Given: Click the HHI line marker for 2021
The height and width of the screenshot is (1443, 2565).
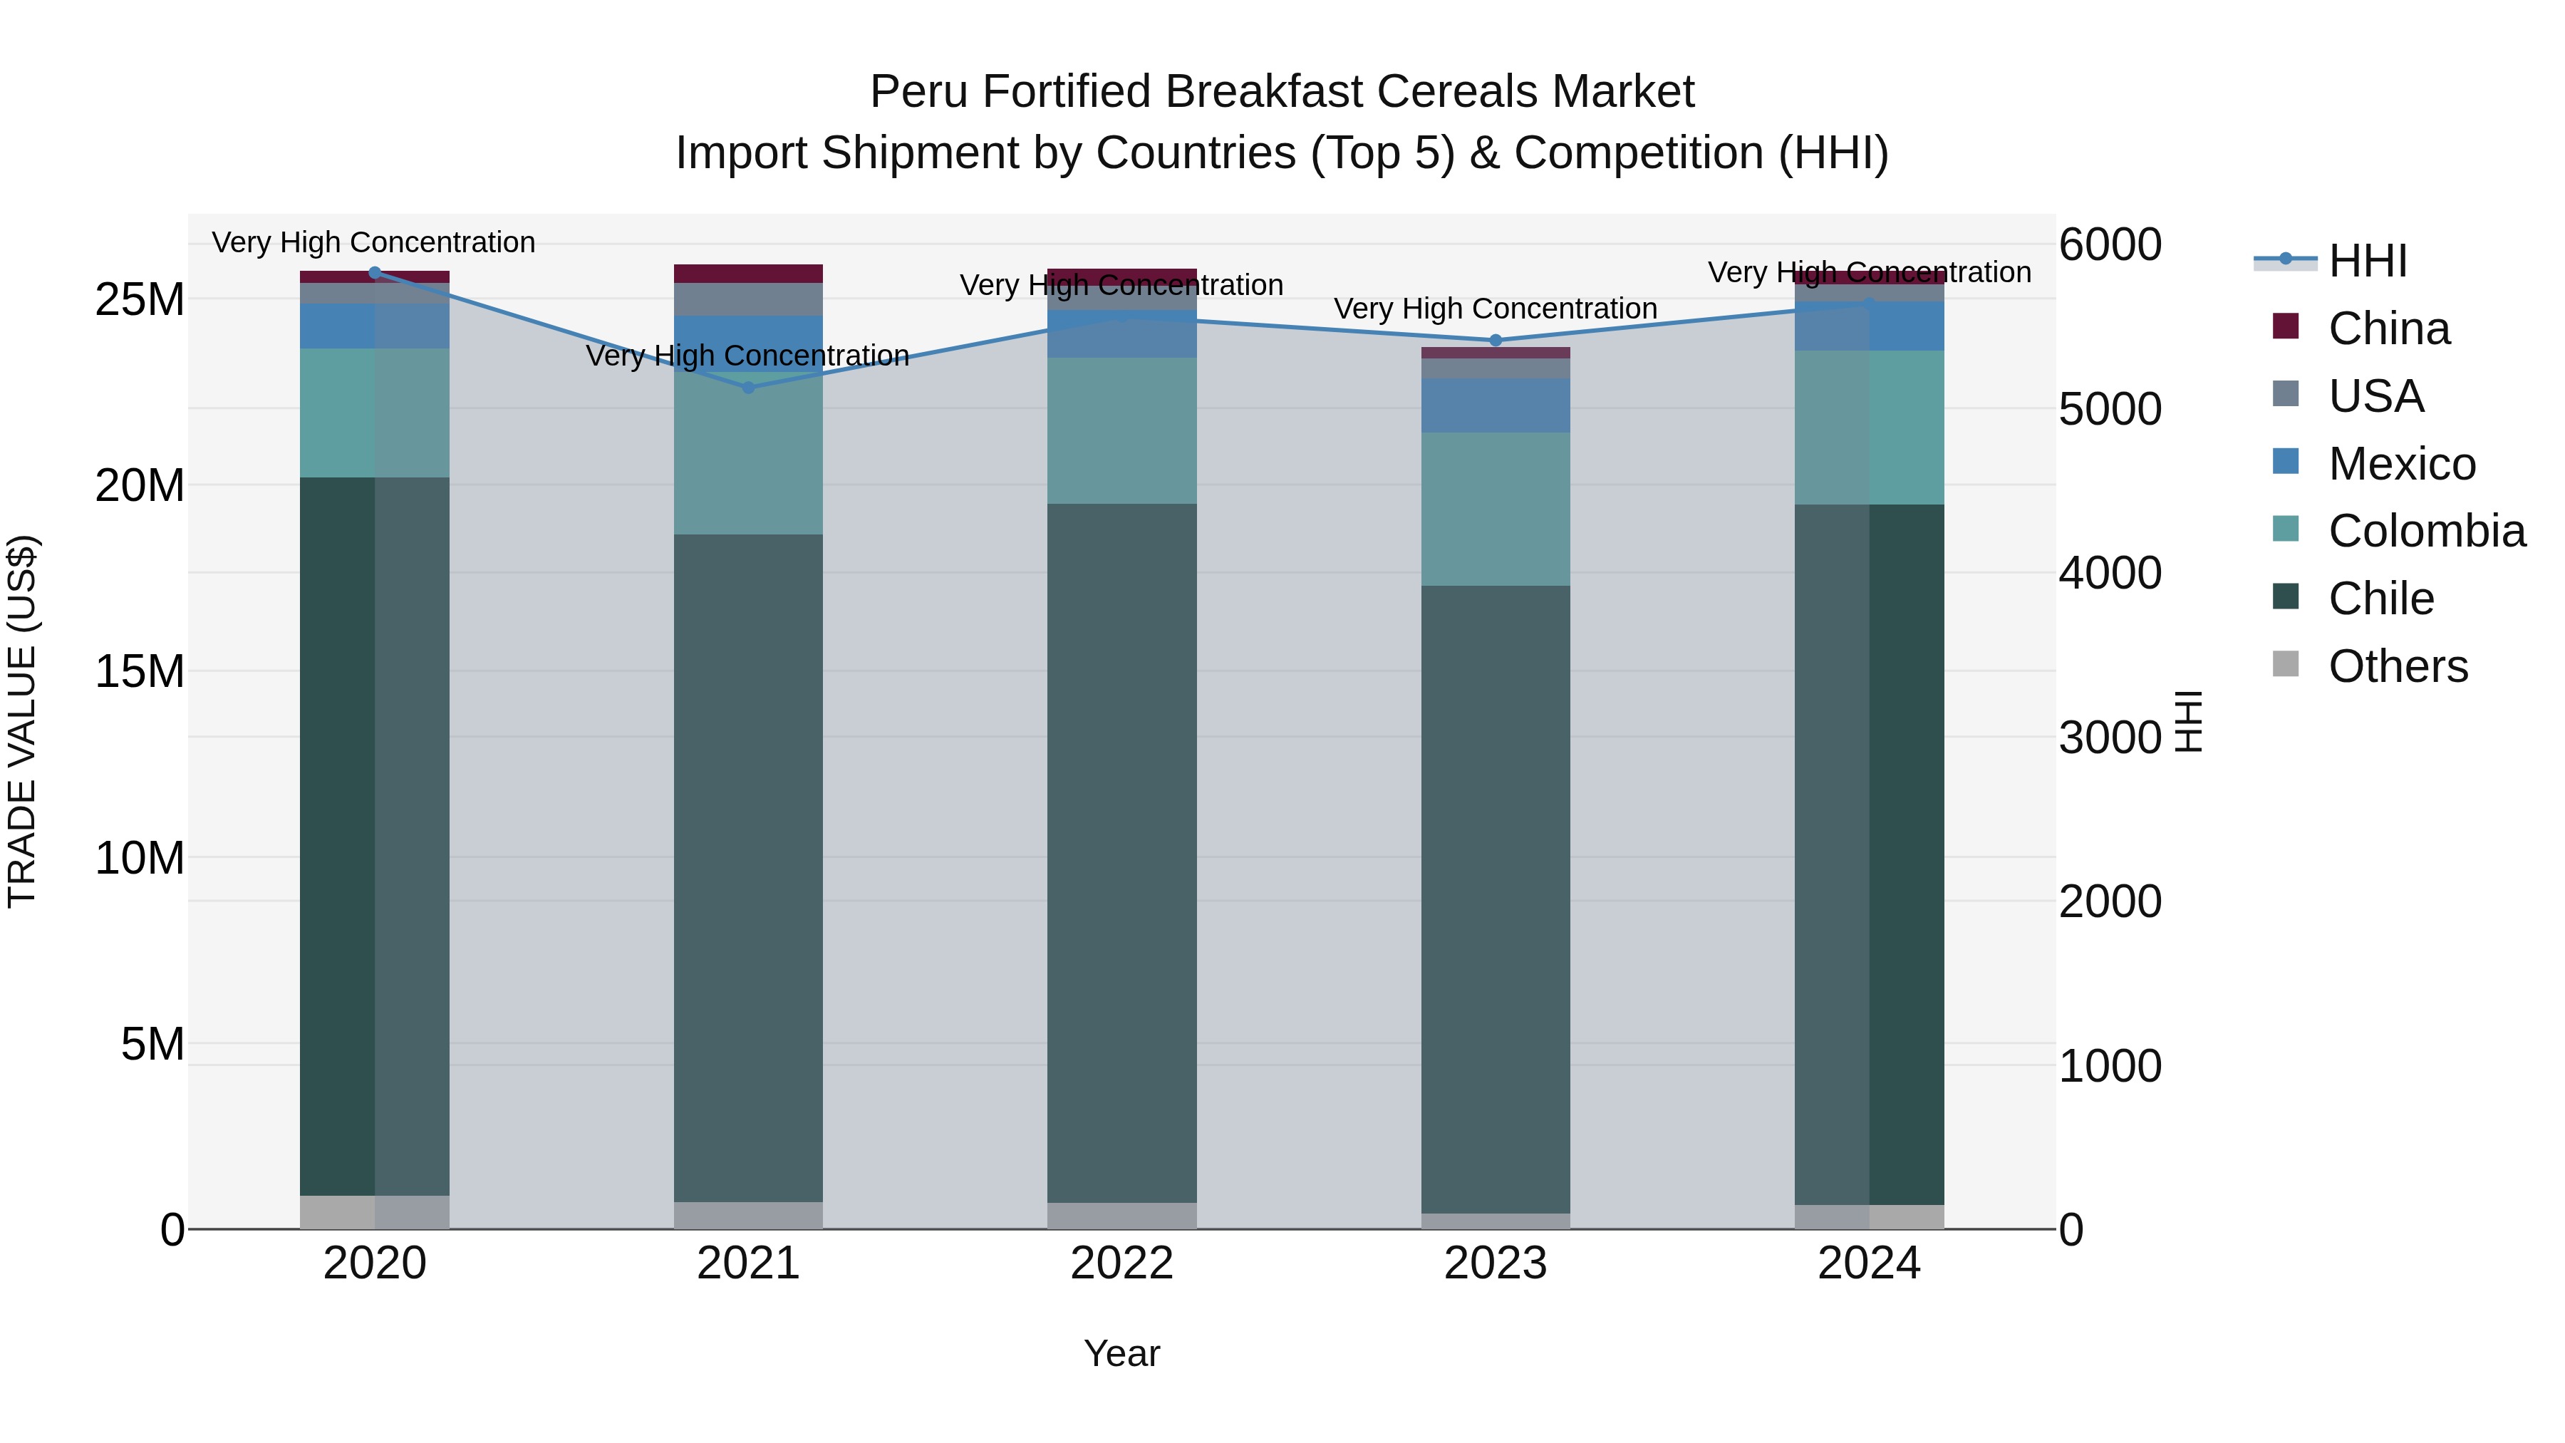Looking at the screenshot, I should [x=749, y=388].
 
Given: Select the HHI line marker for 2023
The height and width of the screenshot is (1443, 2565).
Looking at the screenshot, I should [x=1495, y=341].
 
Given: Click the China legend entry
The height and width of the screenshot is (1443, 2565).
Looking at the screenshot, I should [x=2388, y=329].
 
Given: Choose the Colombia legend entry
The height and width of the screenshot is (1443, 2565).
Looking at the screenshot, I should [x=2425, y=531].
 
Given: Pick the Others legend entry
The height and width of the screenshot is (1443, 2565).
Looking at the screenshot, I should [x=2397, y=666].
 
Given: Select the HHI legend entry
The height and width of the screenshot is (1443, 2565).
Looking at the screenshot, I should [x=2367, y=261].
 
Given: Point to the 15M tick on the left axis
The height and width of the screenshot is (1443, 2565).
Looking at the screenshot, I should [x=140, y=672].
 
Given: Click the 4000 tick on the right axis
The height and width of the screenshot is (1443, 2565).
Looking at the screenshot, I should [x=2109, y=574].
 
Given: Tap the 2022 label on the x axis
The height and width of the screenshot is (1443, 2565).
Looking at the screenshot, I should [x=1121, y=1263].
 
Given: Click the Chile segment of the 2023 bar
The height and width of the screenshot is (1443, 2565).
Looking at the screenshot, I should [x=1495, y=896].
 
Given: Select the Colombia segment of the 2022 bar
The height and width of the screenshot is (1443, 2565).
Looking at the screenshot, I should [x=1121, y=430].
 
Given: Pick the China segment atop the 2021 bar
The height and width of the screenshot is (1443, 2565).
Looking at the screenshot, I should [x=749, y=274].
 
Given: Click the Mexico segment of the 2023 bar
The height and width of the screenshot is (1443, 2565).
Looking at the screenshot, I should [x=1495, y=405].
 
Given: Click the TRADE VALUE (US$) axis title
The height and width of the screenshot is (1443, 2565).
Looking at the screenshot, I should [x=22, y=721].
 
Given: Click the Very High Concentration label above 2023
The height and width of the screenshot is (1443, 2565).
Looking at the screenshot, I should [x=1495, y=309].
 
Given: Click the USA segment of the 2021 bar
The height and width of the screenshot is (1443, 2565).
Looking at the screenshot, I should [x=749, y=299].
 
